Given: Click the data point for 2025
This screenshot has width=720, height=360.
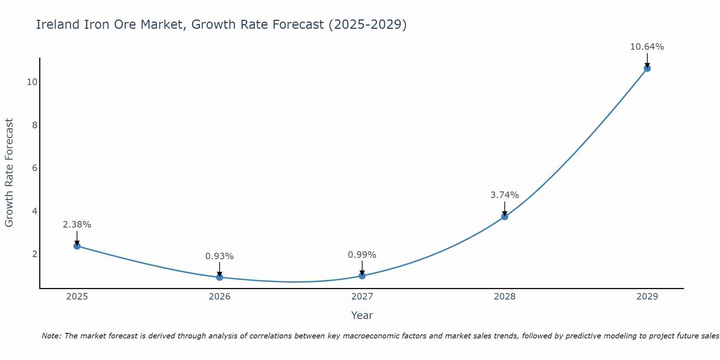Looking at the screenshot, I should [x=77, y=246].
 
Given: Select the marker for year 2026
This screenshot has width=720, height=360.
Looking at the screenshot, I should [x=220, y=277].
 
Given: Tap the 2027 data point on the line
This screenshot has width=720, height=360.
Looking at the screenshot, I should [x=362, y=276].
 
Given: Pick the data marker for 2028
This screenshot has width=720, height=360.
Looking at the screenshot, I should [x=505, y=217].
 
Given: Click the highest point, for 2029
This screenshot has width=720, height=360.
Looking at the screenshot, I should [x=647, y=68].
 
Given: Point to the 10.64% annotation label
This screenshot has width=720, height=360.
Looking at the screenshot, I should [x=647, y=47].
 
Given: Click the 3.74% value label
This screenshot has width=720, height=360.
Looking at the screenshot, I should [x=505, y=195].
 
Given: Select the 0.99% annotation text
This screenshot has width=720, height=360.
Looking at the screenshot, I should [x=362, y=255].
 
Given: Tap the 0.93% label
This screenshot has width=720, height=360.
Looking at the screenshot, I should [x=220, y=256].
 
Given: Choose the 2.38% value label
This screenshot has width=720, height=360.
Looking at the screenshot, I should [x=77, y=225].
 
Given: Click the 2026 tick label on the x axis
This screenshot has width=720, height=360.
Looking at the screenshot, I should [x=220, y=297].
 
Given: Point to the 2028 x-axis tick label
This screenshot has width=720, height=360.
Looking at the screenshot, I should [x=505, y=297].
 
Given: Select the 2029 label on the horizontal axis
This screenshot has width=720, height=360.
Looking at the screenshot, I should [x=647, y=297].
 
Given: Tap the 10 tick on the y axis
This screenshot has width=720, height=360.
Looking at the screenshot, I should [x=32, y=82].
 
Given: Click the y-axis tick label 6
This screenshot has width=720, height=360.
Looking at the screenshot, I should [x=35, y=168].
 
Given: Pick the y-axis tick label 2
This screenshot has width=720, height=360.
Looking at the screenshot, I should [x=35, y=254].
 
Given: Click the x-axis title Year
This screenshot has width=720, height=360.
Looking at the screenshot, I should [x=362, y=315].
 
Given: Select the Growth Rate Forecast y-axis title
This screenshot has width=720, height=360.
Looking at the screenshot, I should [x=9, y=173].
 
